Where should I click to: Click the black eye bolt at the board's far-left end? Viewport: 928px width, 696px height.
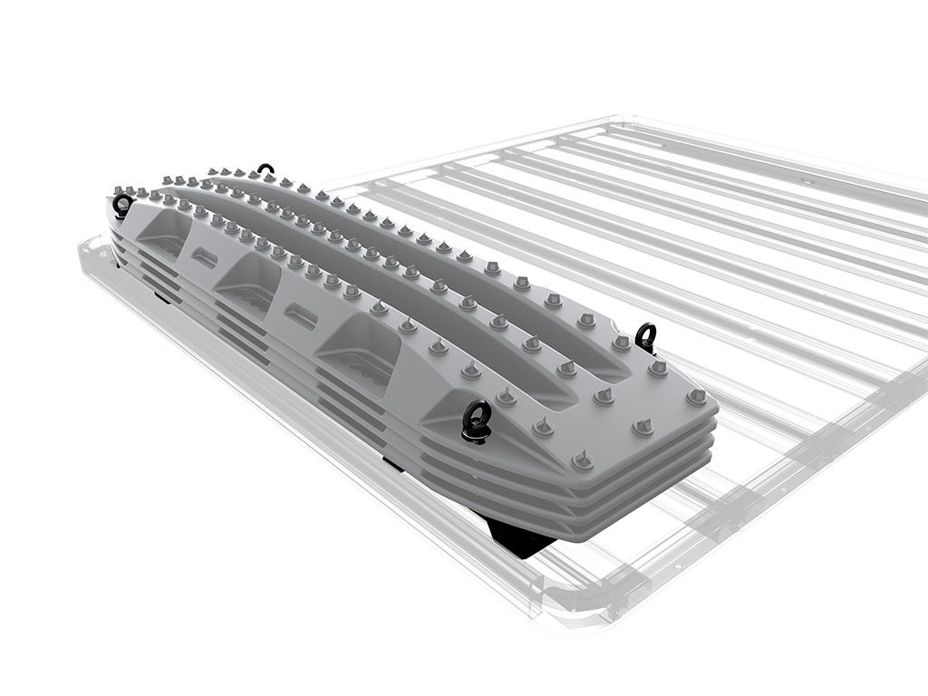pos(121,205)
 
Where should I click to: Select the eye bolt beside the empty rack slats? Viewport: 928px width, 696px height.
pos(646,337)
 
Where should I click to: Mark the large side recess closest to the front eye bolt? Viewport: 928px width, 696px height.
pos(362,349)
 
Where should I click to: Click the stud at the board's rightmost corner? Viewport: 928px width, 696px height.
pos(696,397)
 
